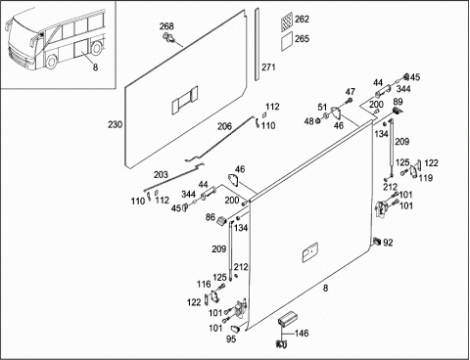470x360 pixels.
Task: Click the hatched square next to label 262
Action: click(287, 22)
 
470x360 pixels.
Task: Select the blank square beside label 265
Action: click(287, 41)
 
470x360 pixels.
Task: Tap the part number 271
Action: click(268, 67)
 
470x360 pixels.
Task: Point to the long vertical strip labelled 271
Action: click(258, 44)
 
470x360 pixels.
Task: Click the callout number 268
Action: click(166, 26)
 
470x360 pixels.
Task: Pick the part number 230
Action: click(116, 124)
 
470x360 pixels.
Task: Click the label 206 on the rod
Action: click(224, 126)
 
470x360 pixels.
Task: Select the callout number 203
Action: click(161, 175)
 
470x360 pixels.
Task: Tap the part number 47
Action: click(351, 92)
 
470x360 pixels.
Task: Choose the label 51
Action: click(322, 107)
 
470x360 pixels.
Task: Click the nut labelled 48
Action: click(318, 121)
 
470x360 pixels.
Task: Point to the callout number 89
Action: click(398, 102)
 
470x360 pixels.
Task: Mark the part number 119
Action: click(426, 178)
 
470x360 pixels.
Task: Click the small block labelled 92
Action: click(377, 242)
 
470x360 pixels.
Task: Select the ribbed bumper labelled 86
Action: click(221, 221)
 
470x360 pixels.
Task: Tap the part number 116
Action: click(204, 284)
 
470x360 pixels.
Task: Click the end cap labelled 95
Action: click(236, 328)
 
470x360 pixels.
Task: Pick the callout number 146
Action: click(302, 334)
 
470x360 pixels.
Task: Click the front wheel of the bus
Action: click(52, 62)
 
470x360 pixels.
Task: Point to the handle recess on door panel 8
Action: click(310, 252)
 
